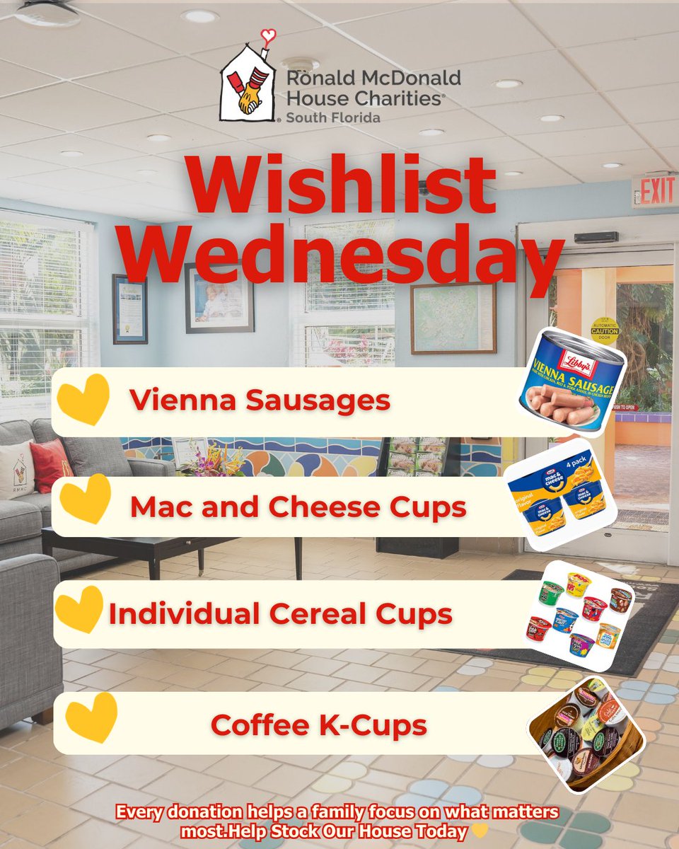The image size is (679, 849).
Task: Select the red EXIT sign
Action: pos(654,191)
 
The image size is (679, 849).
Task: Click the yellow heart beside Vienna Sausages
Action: pos(84,399)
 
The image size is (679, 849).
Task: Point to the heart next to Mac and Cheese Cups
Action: pos(86,499)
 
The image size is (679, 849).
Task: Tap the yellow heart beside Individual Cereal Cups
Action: pos(79,608)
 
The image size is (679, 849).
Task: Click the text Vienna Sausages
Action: pos(260,400)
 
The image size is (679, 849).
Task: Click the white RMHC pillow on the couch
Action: pos(16,470)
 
